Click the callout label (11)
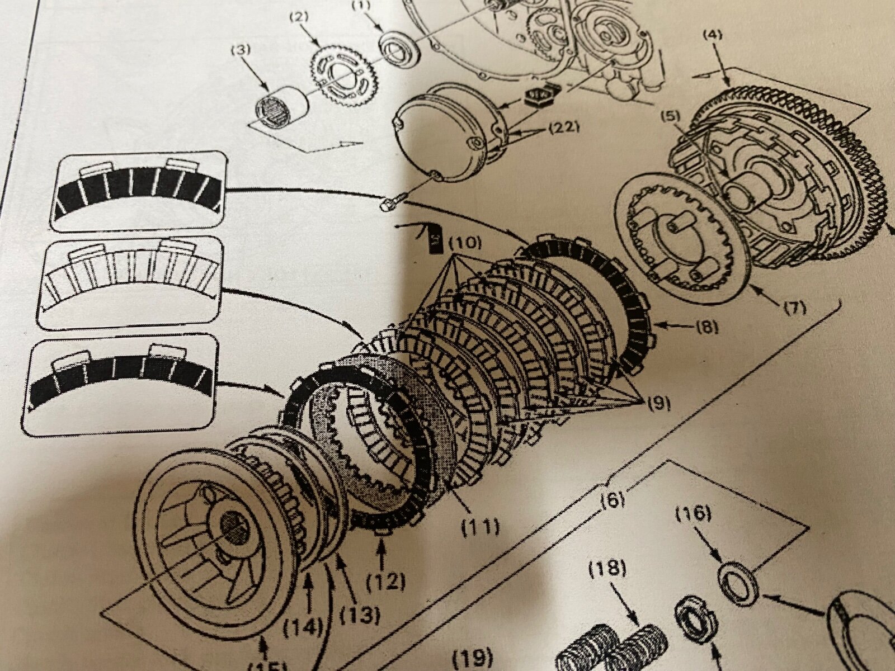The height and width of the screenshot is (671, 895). pos(483,525)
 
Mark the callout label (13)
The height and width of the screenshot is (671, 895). pos(359,616)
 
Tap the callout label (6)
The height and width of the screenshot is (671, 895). pos(615,499)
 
